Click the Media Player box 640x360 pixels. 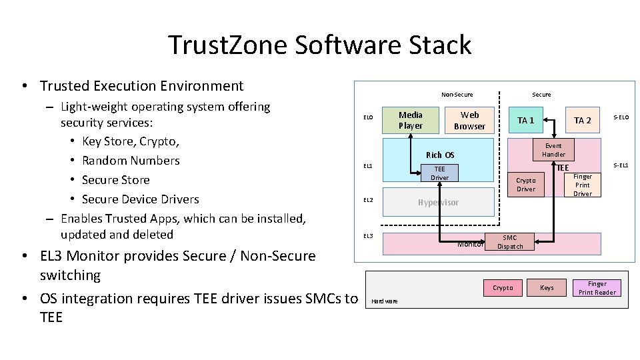tap(411, 120)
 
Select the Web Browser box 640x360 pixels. tap(469, 120)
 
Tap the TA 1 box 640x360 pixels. tap(526, 120)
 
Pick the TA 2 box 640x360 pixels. tap(583, 120)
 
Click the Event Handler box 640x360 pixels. tap(553, 150)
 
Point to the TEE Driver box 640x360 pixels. tap(439, 173)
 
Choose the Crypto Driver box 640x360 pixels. tap(526, 185)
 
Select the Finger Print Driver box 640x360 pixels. tap(583, 185)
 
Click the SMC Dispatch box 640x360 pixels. tap(509, 242)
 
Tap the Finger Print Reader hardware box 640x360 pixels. tap(597, 288)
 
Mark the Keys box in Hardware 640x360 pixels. tap(547, 288)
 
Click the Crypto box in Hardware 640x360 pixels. tap(503, 288)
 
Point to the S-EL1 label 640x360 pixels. tap(621, 165)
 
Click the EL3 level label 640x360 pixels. tap(368, 236)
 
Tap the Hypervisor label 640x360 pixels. tap(438, 202)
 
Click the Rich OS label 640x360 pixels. tap(439, 155)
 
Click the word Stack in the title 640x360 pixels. tap(441, 45)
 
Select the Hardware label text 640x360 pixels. tap(384, 301)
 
